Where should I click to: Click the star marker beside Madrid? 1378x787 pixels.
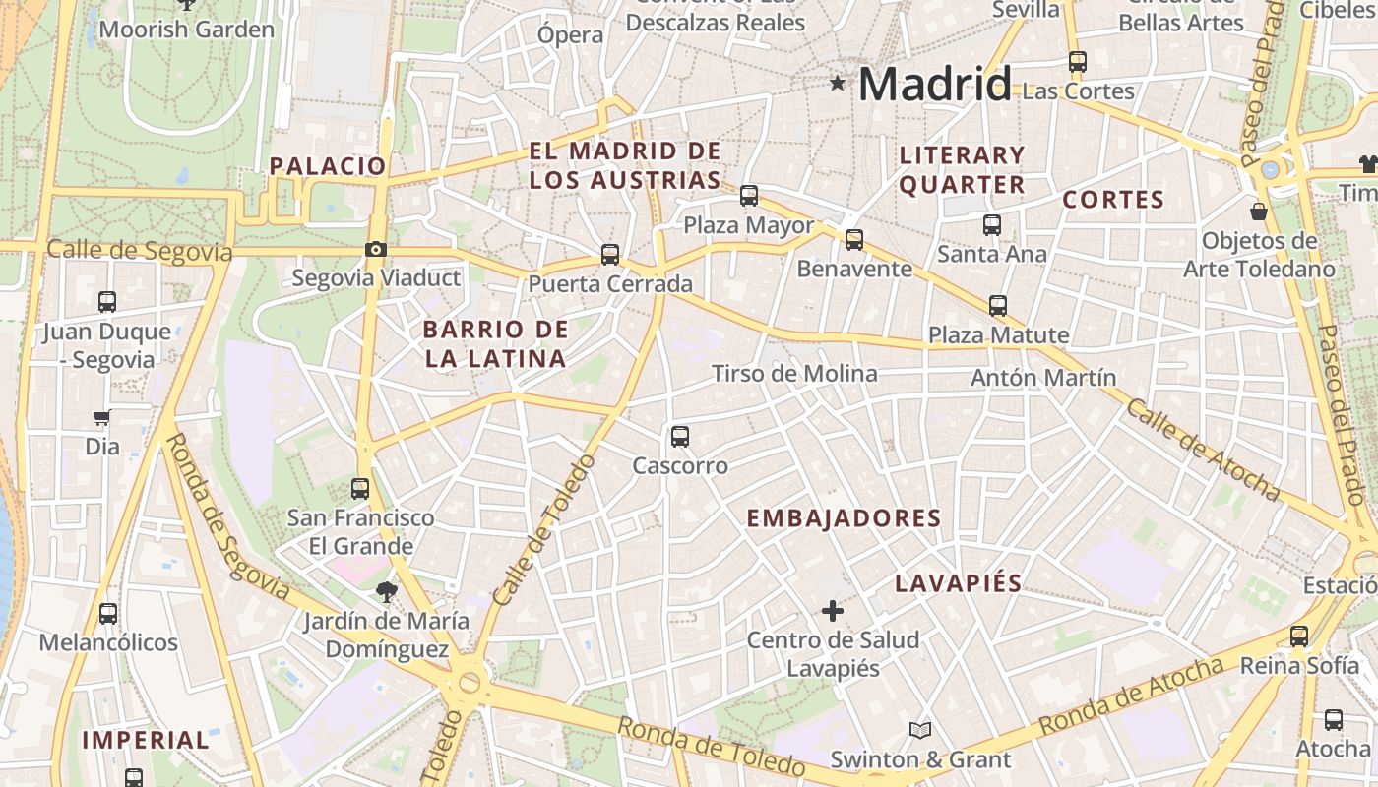[x=838, y=84]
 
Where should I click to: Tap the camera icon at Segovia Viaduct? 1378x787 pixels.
[x=375, y=250]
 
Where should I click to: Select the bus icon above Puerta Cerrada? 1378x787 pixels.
[x=610, y=255]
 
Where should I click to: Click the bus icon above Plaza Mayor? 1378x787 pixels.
[x=749, y=196]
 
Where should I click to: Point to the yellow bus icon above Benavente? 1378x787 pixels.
[x=854, y=239]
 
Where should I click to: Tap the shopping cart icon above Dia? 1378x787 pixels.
[x=101, y=417]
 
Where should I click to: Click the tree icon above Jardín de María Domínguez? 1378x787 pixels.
[x=387, y=591]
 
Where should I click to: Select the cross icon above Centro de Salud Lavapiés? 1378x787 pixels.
[x=833, y=611]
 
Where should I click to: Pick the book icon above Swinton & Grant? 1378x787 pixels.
[x=920, y=730]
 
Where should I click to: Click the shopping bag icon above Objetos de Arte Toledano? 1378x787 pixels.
[x=1259, y=211]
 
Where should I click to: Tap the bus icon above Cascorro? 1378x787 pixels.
[x=680, y=437]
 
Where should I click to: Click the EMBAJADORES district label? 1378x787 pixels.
[x=844, y=518]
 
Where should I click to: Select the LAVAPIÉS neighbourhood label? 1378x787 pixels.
[x=959, y=582]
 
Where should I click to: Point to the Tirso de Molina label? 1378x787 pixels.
[x=794, y=374]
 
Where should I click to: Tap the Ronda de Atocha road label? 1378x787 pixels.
[x=1130, y=696]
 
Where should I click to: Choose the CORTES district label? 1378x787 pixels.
[x=1113, y=200]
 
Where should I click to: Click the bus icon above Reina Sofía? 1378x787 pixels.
[x=1299, y=636]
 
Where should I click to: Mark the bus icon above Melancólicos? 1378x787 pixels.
[x=108, y=614]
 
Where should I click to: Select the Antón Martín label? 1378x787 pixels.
[x=1043, y=378]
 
